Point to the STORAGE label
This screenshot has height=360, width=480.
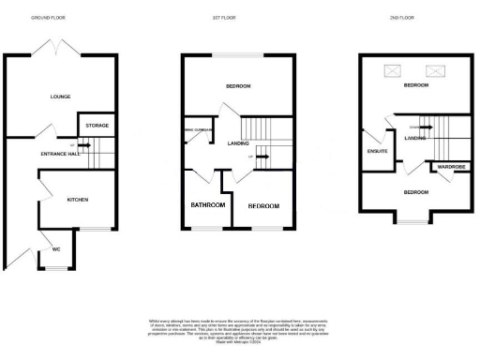(x=97, y=125)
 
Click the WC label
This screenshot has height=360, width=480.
(x=56, y=249)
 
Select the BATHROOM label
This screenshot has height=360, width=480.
(x=206, y=204)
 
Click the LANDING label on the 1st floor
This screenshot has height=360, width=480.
(x=236, y=142)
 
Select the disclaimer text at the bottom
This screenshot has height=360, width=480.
(x=240, y=331)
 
